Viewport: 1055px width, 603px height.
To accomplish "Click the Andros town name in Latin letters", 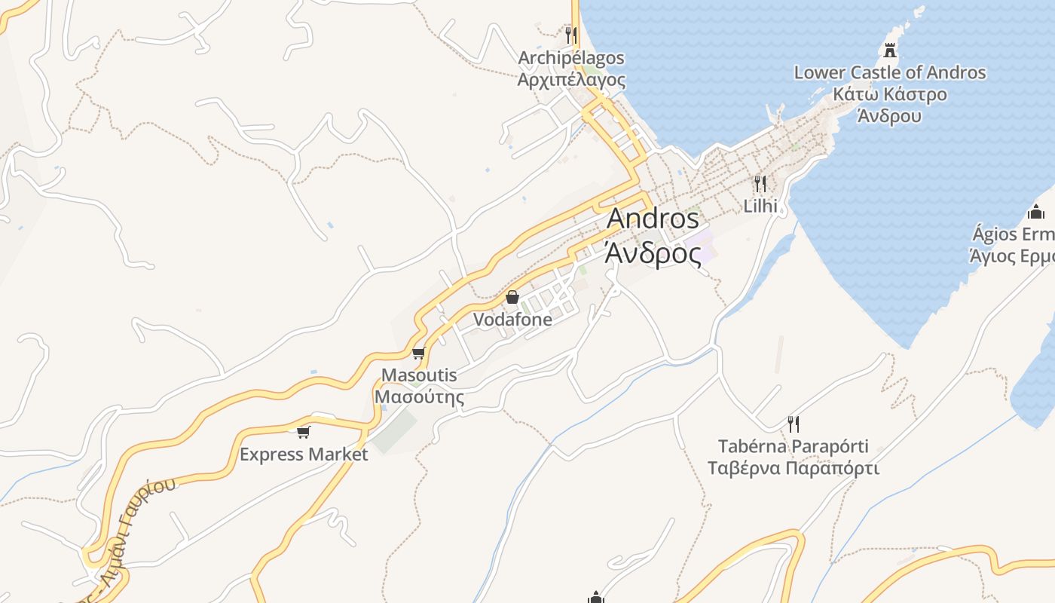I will point(653,219).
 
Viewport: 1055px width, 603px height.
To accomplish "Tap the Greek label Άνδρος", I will point(653,253).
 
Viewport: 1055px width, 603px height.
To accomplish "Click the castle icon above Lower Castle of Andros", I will point(890,51).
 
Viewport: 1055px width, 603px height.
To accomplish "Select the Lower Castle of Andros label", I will point(890,73).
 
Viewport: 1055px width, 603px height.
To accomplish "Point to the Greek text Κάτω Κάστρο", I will point(890,95).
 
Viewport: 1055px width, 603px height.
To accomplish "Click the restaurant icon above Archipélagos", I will point(571,35).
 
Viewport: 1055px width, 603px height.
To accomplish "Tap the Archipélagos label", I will point(571,58).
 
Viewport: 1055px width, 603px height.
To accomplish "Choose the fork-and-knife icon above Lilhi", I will point(760,183).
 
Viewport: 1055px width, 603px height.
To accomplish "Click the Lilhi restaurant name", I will point(760,206).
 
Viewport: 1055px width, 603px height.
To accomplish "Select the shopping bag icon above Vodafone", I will point(512,297).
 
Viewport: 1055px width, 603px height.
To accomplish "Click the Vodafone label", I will point(512,320).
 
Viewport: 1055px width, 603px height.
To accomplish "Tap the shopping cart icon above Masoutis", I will point(419,353).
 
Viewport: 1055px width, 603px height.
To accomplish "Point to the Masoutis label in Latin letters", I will point(419,375).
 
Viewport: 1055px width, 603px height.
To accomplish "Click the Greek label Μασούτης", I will point(419,396).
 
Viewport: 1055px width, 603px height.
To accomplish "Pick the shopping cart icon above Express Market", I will point(304,432).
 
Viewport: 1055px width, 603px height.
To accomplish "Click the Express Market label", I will point(304,455).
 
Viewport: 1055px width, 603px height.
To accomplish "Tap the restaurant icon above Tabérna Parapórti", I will point(793,424).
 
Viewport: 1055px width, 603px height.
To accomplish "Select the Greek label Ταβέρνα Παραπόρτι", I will point(793,468).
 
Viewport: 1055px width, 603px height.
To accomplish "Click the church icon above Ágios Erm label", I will point(1036,212).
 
